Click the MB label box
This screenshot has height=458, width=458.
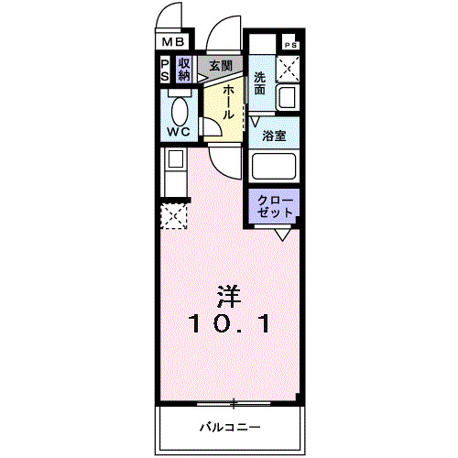pos(174,42)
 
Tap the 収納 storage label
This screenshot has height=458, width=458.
pos(184,70)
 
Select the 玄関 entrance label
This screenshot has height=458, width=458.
pos(219,66)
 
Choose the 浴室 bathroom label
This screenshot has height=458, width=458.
pos(274,136)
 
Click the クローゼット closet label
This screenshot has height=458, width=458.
pos(276,205)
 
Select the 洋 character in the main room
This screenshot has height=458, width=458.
pos(229,297)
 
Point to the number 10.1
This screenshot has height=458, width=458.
pos(229,322)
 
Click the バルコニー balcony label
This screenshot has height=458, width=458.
pos(230,427)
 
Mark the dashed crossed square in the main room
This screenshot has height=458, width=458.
pos(173,217)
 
